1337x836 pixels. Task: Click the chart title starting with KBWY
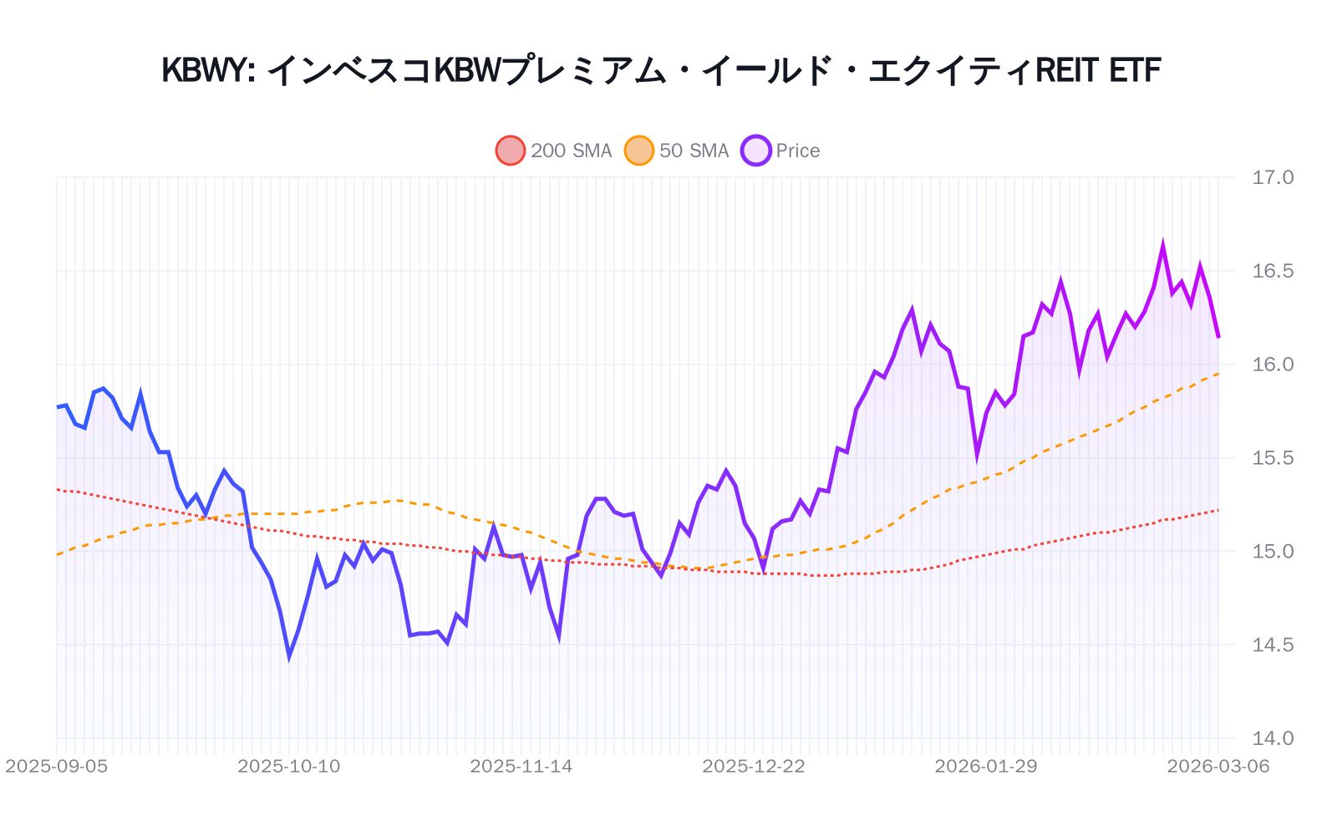(661, 70)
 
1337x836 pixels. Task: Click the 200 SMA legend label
(571, 150)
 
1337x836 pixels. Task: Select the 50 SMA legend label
(694, 150)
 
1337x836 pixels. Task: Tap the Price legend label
(797, 150)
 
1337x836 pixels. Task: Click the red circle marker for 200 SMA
(511, 150)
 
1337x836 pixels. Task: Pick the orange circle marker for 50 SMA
(639, 150)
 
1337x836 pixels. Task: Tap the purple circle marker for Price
(756, 150)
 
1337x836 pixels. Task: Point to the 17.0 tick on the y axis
(1272, 177)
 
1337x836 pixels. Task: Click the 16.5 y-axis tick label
(1272, 271)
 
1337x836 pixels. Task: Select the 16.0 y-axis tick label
(1272, 364)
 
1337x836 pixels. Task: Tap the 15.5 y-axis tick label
(1272, 458)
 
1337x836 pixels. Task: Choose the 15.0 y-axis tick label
(1272, 552)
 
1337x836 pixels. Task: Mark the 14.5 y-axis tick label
(1272, 645)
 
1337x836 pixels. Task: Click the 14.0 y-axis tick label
(1272, 739)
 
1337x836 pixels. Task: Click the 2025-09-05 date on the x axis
(57, 767)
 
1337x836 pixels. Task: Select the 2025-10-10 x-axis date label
(289, 767)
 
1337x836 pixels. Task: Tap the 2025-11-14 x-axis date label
(521, 767)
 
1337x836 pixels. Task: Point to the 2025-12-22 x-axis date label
(754, 767)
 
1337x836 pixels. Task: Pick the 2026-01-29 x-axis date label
(986, 767)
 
